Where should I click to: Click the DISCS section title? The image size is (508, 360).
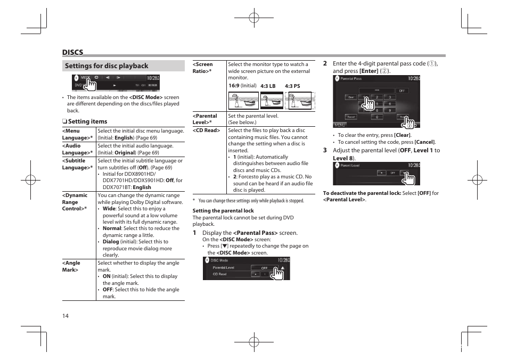[72, 52]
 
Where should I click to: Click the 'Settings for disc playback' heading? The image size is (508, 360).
[106, 66]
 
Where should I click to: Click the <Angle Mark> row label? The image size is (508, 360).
[71, 266]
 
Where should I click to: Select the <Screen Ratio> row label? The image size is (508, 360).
[203, 68]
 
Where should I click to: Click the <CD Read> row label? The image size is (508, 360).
[206, 130]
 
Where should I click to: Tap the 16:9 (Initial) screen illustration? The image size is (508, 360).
[243, 101]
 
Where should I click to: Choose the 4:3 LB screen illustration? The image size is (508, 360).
[272, 101]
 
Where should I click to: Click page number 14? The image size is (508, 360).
[65, 316]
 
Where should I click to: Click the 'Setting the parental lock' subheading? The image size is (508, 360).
[223, 211]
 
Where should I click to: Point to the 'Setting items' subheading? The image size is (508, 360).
[87, 121]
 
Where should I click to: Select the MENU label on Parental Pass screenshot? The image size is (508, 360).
[340, 125]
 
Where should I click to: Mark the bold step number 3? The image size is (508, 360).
[325, 151]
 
